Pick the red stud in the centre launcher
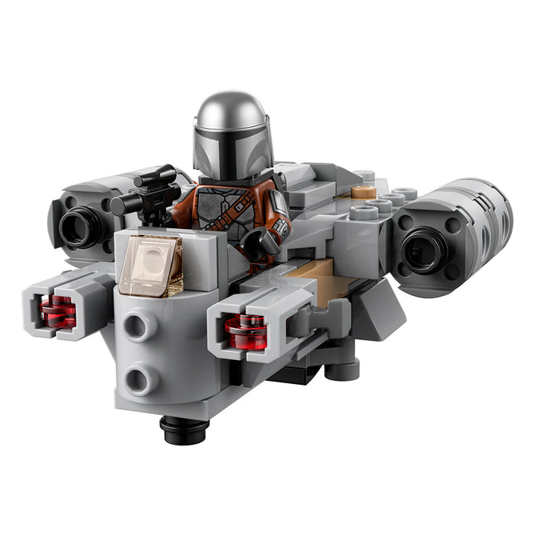coord(246,331)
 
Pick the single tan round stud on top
coord(362,192)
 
